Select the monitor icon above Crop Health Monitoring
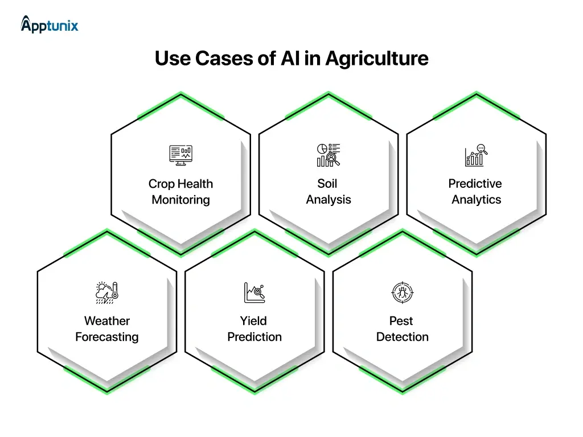(180, 155)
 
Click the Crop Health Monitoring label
(180, 192)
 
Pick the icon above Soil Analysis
(328, 155)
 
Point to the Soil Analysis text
(328, 192)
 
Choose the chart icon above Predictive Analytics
(475, 155)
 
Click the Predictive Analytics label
(475, 192)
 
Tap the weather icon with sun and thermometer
(106, 292)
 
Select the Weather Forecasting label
(106, 329)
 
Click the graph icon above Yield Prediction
(254, 292)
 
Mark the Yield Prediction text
(254, 329)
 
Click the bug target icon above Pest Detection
(401, 292)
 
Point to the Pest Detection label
(401, 329)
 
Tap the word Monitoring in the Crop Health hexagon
(180, 200)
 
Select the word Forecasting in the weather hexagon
(106, 337)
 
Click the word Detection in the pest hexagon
(401, 337)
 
